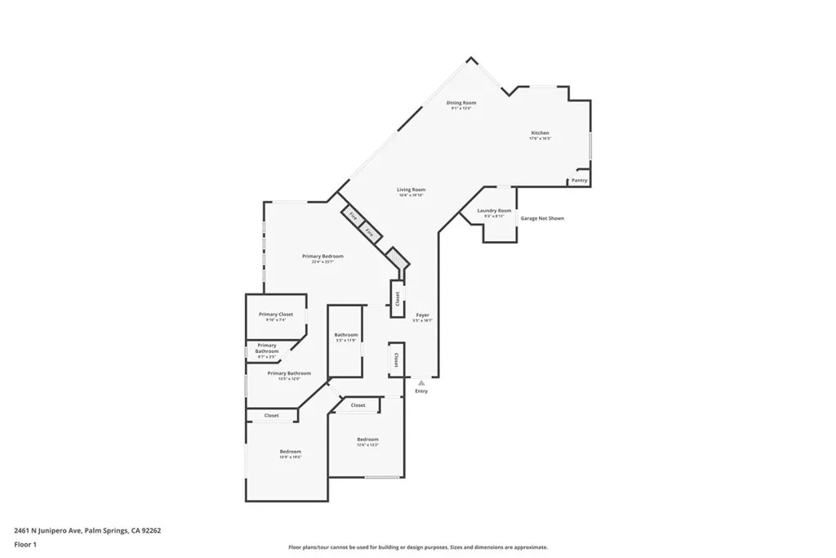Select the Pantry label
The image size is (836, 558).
tap(579, 181)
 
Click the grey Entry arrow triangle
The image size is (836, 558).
tap(421, 382)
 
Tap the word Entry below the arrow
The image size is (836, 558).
tap(421, 391)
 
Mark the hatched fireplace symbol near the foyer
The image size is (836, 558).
tap(398, 259)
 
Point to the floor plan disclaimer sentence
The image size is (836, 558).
tap(417, 547)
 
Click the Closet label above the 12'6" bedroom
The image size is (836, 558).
tap(358, 405)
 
